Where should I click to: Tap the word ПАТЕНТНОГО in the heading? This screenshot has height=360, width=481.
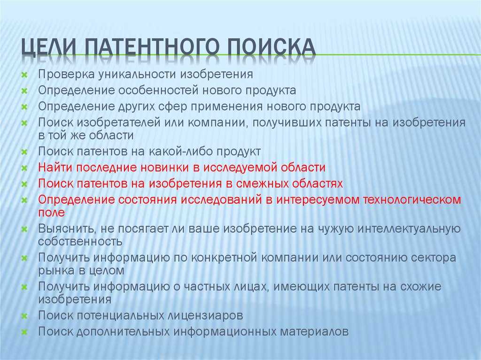[152, 47]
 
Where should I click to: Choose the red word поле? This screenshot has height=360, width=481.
[51, 213]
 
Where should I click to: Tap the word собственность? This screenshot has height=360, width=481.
[80, 242]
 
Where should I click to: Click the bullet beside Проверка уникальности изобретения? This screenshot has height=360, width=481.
[24, 75]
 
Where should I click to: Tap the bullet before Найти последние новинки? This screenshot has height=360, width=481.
[24, 168]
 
